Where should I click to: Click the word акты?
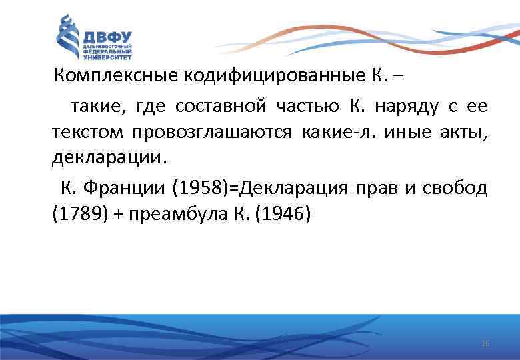click(465, 132)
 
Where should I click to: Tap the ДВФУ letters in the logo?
click(107, 36)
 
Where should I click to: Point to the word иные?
click(407, 132)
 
